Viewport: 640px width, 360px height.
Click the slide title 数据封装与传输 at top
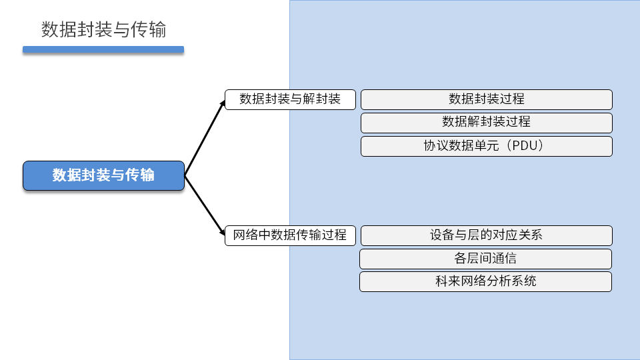pos(103,30)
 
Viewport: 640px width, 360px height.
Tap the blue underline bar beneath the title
pos(103,49)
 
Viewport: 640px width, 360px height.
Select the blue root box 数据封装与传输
pos(103,175)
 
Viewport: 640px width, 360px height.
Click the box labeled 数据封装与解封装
pos(290,99)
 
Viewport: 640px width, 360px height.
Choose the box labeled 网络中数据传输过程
pos(290,235)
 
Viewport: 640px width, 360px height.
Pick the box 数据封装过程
pos(487,99)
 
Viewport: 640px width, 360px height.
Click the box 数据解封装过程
pos(487,122)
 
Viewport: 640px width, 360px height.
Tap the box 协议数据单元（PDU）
pos(487,146)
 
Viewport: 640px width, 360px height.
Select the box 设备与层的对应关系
pos(487,235)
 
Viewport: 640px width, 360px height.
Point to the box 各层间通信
pos(485,258)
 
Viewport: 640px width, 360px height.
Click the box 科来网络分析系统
pos(485,281)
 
